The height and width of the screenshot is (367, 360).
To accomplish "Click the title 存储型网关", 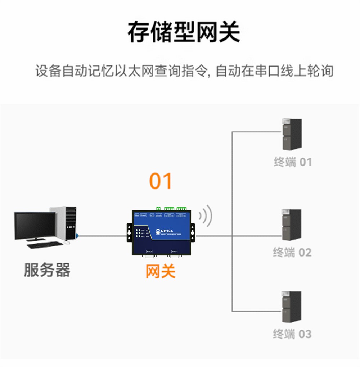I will point(184,32).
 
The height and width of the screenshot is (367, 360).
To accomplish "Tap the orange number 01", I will point(161,181).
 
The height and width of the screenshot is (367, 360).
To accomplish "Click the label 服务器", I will point(47,269).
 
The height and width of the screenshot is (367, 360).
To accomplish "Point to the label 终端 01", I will point(292,162).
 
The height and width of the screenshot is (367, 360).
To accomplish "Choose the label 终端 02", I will point(292,252).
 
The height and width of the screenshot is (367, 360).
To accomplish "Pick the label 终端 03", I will point(292,334).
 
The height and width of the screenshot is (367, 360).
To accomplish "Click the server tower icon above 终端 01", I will point(292,135).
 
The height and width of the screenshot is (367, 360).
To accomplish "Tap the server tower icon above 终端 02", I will point(292,225).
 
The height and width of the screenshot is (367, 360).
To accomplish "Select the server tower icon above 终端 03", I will point(292,307).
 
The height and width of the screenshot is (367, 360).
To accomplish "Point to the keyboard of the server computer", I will point(44,245).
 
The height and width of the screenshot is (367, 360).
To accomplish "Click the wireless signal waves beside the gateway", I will point(206,216).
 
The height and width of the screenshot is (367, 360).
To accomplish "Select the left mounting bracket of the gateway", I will point(129,232).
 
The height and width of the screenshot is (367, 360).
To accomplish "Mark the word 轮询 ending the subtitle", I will point(320,71).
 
